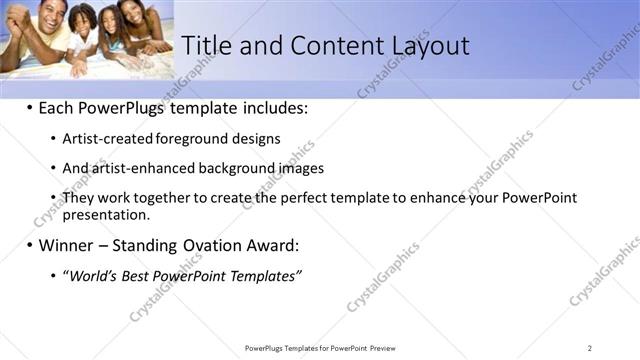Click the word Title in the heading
pos(206,45)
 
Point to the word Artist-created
pos(108,139)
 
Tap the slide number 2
pos(590,348)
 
